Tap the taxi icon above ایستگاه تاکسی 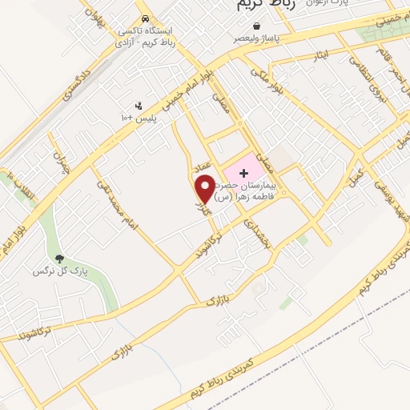click(144, 18)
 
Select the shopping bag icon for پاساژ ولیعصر click(255, 26)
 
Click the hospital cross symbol click(244, 172)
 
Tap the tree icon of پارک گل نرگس click(59, 259)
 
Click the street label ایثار click(320, 54)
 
